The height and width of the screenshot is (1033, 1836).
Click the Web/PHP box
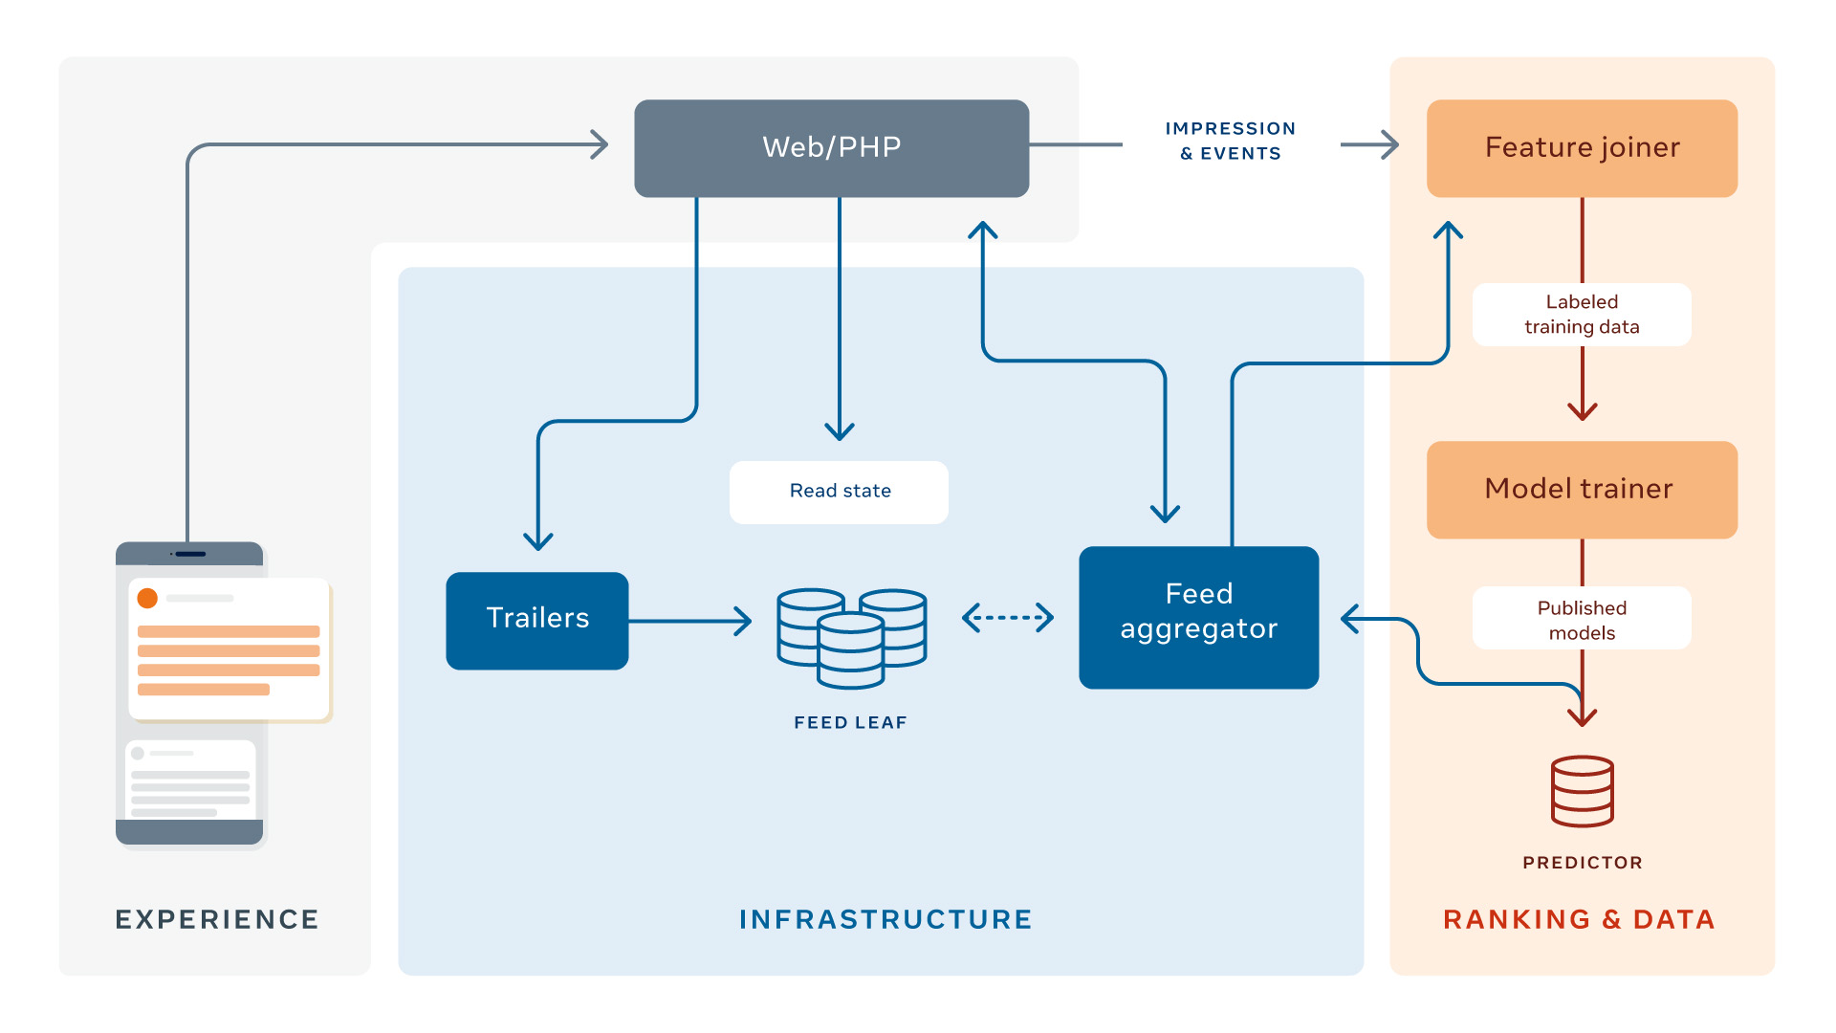pyautogui.click(x=831, y=148)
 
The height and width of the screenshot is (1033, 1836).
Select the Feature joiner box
pyautogui.click(x=1582, y=148)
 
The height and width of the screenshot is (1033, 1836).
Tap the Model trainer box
pyautogui.click(x=1582, y=489)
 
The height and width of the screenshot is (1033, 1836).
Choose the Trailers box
pyautogui.click(x=537, y=620)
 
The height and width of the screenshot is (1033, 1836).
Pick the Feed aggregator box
pyautogui.click(x=1198, y=617)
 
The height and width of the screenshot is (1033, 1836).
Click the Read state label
pyautogui.click(x=839, y=492)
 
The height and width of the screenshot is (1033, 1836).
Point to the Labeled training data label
pyautogui.click(x=1582, y=315)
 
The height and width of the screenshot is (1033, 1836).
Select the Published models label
pyautogui.click(x=1582, y=620)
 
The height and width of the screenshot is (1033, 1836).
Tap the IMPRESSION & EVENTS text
pyautogui.click(x=1231, y=141)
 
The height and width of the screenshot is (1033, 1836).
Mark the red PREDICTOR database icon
pyautogui.click(x=1582, y=791)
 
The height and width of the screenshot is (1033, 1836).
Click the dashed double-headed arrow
pyautogui.click(x=1008, y=618)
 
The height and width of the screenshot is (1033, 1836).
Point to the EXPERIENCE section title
pyautogui.click(x=217, y=919)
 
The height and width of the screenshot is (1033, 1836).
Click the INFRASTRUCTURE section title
pyautogui.click(x=885, y=919)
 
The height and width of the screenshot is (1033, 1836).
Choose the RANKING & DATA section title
pyautogui.click(x=1579, y=919)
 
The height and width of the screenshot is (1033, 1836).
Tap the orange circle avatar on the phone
pyautogui.click(x=147, y=598)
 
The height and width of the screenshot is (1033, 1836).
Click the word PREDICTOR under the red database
pyautogui.click(x=1582, y=863)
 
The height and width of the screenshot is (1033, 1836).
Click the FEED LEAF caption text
pyautogui.click(x=850, y=723)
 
